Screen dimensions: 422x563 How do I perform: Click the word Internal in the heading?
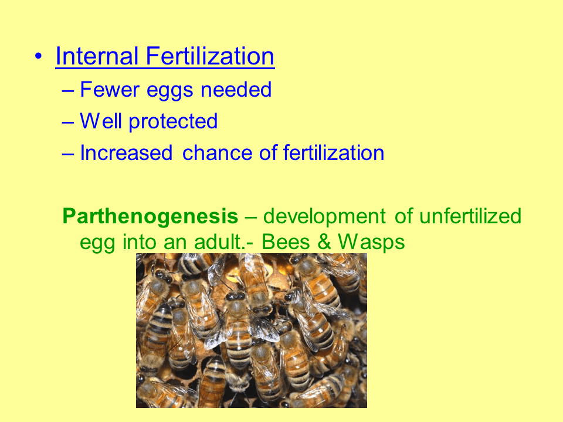click(97, 57)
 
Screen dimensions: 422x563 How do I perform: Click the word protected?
click(173, 121)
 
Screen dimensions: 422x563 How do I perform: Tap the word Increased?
click(126, 153)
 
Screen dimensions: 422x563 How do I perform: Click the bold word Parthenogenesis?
click(150, 216)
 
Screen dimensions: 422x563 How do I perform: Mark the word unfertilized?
click(470, 216)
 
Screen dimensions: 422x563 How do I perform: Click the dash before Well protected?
click(68, 122)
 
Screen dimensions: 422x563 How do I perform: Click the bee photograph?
click(251, 331)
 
